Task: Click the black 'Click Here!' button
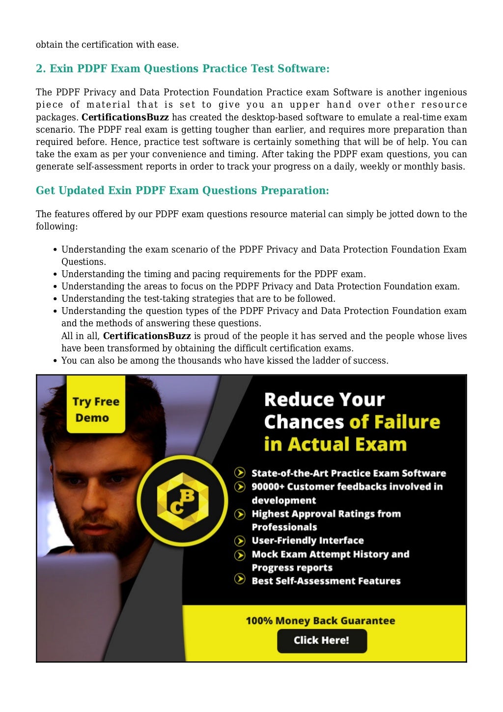click(322, 640)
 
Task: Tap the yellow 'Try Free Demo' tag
click(96, 409)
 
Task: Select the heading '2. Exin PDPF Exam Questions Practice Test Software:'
click(183, 69)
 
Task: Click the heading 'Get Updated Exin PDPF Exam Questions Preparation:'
click(182, 191)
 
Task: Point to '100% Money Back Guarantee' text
click(320, 621)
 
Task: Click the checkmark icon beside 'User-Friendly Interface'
click(240, 541)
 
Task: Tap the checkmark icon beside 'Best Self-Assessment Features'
click(240, 579)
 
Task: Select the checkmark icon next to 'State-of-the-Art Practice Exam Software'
click(240, 473)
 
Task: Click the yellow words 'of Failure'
click(394, 422)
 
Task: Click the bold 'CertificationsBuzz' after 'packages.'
click(125, 117)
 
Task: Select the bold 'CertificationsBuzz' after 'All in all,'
click(147, 336)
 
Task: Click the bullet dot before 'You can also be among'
click(56, 361)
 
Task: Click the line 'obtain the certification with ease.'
click(107, 45)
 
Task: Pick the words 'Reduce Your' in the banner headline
click(324, 399)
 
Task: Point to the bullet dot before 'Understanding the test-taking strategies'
click(56, 299)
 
